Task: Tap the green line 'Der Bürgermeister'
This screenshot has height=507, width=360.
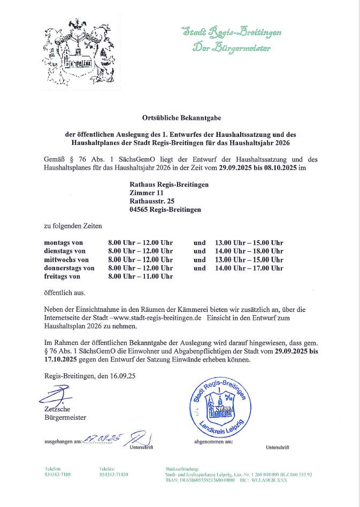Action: (232, 48)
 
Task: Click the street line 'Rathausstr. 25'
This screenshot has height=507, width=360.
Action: (152, 201)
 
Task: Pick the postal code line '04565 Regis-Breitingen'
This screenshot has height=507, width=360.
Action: (165, 210)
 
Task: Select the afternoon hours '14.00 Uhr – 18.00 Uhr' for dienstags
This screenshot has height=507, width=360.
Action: (249, 251)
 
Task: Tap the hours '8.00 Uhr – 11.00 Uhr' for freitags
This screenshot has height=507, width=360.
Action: (140, 276)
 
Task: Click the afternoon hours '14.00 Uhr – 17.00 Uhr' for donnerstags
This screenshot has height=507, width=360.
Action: (249, 268)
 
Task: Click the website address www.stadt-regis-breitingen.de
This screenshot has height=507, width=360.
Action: (163, 317)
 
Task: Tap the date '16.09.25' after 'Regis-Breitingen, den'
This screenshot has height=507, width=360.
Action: (123, 376)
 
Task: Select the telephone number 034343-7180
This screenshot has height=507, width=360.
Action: (58, 474)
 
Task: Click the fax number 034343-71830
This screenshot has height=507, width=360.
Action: (113, 474)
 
